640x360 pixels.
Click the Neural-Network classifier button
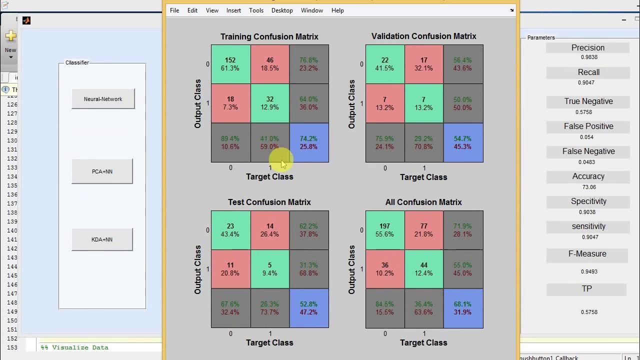pyautogui.click(x=103, y=99)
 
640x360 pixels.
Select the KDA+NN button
pyautogui.click(x=102, y=239)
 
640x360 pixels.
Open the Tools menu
pyautogui.click(x=256, y=10)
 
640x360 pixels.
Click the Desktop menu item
pyautogui.click(x=282, y=10)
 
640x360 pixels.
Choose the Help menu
pyautogui.click(x=337, y=10)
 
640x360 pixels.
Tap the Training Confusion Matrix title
pyautogui.click(x=269, y=36)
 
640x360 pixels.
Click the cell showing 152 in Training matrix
pyautogui.click(x=230, y=64)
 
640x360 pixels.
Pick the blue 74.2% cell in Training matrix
pyautogui.click(x=309, y=142)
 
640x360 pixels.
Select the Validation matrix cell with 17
pyautogui.click(x=423, y=64)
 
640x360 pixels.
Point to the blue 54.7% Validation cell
pyautogui.click(x=463, y=142)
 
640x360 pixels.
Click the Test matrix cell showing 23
pyautogui.click(x=230, y=230)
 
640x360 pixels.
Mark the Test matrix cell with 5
pyautogui.click(x=269, y=269)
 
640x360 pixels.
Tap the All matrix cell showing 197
pyautogui.click(x=384, y=230)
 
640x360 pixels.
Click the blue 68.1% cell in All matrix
pyautogui.click(x=463, y=308)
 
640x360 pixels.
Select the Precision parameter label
pyautogui.click(x=588, y=47)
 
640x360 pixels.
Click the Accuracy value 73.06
pyautogui.click(x=588, y=187)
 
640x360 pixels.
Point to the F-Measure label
pyautogui.click(x=587, y=254)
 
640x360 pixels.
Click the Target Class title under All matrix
pyautogui.click(x=423, y=342)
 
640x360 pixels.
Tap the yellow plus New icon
pyautogui.click(x=11, y=36)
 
